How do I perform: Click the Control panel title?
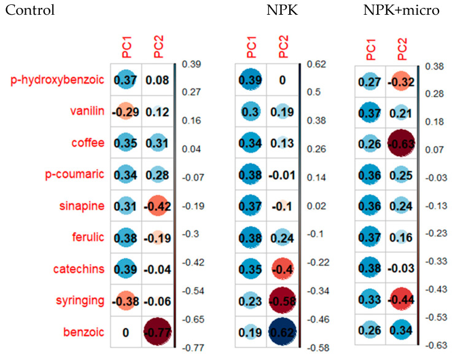tap(29, 10)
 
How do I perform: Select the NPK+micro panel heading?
tap(401, 10)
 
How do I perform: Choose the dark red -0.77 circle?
tap(158, 332)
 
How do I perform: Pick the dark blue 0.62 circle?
tap(282, 332)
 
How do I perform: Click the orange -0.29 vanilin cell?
tap(125, 112)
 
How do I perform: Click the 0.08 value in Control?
tap(158, 79)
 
